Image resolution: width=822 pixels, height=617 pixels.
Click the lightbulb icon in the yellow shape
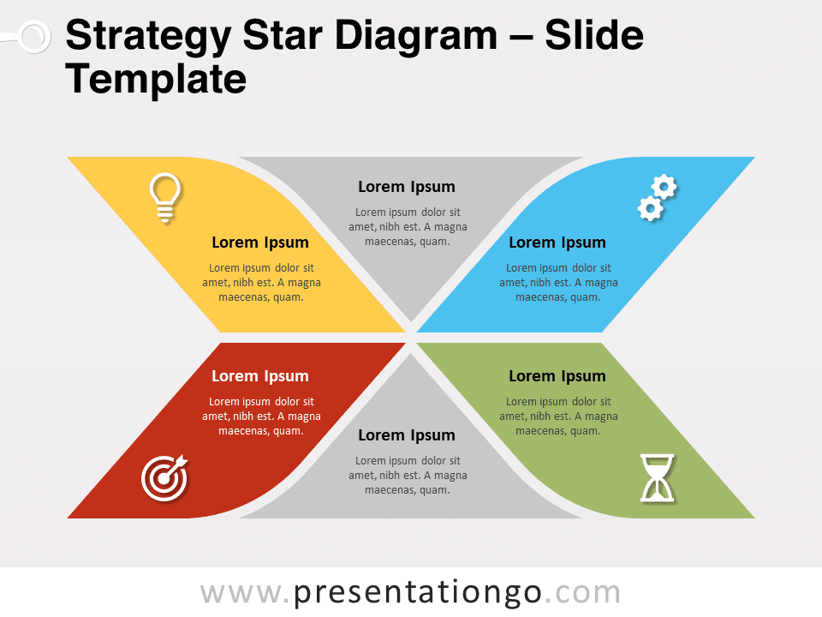[x=165, y=197]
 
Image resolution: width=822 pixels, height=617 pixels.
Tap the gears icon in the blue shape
[x=658, y=197]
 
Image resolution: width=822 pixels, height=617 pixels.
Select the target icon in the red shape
[x=164, y=477]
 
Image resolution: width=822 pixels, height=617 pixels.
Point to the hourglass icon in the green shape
[x=658, y=478]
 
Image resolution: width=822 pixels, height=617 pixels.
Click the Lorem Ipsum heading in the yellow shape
[x=260, y=243]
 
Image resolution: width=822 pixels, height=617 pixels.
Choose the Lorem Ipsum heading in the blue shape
[x=557, y=243]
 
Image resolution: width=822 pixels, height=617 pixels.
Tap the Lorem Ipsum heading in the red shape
[x=260, y=376]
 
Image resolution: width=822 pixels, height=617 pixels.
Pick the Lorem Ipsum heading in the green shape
[x=557, y=376]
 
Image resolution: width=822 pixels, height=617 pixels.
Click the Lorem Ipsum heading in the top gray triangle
[x=407, y=187]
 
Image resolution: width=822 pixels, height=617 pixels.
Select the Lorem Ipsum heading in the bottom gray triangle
[x=407, y=435]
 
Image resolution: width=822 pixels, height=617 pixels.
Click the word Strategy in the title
[x=148, y=37]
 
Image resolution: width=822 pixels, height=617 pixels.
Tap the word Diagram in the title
[x=416, y=36]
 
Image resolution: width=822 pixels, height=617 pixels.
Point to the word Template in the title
[x=156, y=79]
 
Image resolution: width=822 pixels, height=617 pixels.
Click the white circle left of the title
[x=34, y=37]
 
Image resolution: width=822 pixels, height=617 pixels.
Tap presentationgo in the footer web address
[x=418, y=593]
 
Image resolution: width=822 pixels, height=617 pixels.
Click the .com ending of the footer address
[x=582, y=593]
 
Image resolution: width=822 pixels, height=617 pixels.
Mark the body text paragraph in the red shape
[x=261, y=416]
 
